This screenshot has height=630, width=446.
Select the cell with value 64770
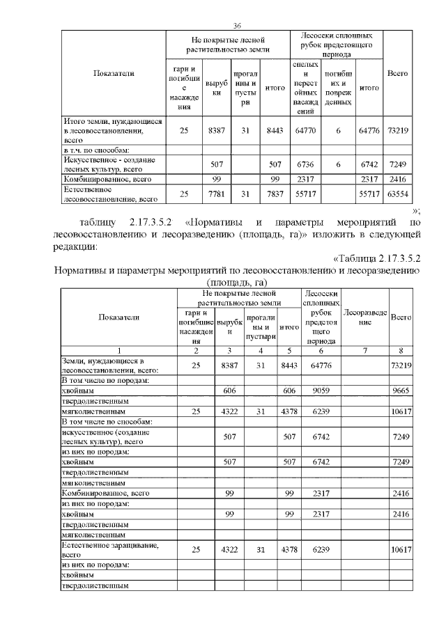coord(302,130)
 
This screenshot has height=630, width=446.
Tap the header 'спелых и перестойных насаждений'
coord(302,87)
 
